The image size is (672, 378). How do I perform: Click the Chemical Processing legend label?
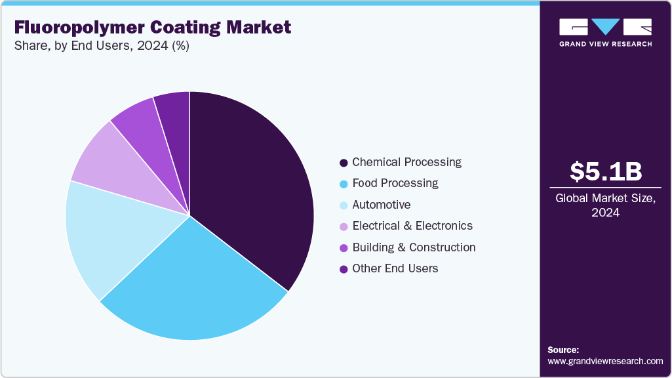coord(406,162)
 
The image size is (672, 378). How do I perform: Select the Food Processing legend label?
coord(395,183)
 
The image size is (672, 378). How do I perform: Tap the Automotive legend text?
coord(381,205)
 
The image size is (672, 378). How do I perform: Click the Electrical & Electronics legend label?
coord(412,226)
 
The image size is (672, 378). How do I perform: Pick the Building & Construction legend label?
coord(414,247)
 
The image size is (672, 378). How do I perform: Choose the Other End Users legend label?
coord(395,268)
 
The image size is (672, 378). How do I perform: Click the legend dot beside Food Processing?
coord(343,184)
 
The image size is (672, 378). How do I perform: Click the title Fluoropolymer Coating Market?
coord(153,28)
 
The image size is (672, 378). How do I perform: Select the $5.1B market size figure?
coord(605,171)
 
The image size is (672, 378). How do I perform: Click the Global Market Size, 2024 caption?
coord(605,205)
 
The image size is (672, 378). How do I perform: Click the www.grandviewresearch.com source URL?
coord(605,361)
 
